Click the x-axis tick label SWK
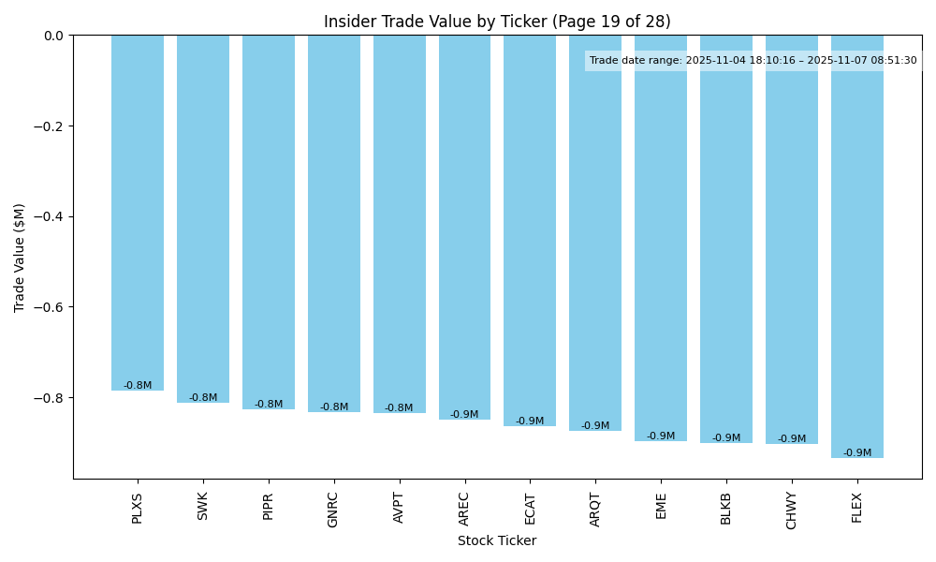[203, 506]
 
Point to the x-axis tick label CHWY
[792, 510]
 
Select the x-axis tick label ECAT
[530, 508]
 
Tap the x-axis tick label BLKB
[726, 508]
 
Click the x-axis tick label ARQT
[595, 509]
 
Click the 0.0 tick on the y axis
[53, 36]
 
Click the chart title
[497, 22]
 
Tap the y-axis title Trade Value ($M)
[20, 258]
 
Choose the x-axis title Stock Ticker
[497, 540]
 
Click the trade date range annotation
[753, 61]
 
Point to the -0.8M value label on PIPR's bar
[269, 405]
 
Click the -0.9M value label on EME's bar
[661, 436]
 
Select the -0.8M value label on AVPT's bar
[399, 408]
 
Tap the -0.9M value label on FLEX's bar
[856, 453]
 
